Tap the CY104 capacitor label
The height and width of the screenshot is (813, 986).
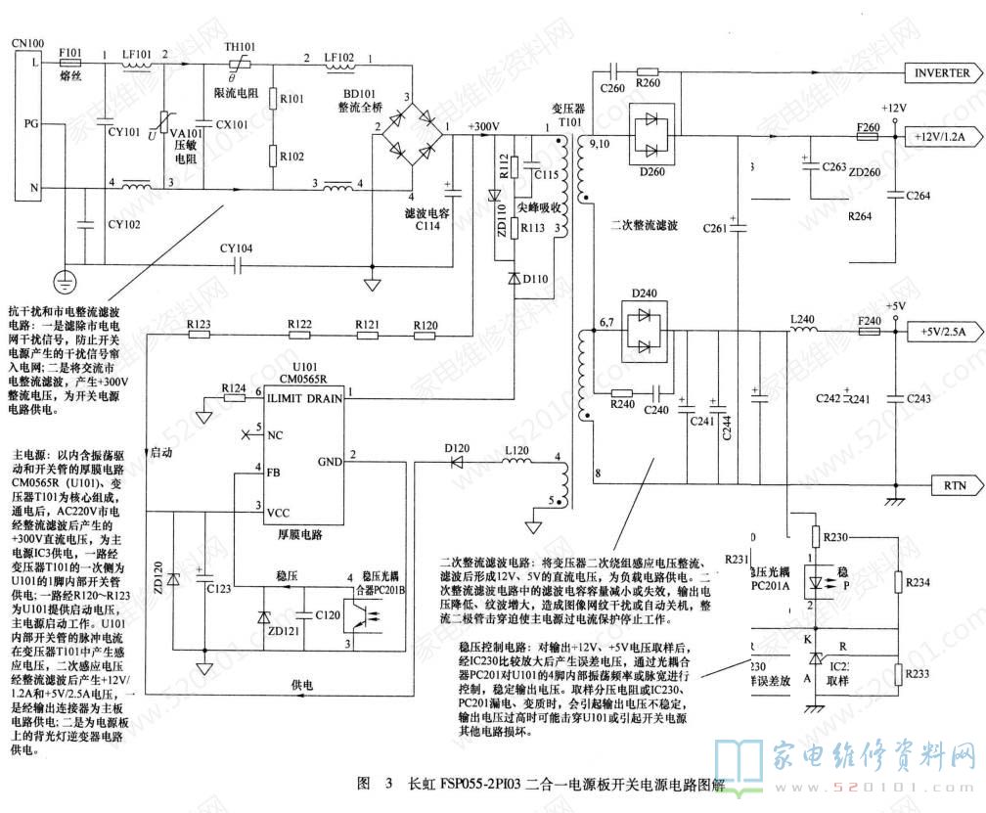236,248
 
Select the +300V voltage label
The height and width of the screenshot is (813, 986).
484,126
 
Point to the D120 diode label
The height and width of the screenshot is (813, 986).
456,448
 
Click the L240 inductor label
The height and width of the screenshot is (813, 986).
802,319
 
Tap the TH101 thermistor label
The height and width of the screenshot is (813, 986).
241,47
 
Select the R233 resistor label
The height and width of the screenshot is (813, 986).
919,674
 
